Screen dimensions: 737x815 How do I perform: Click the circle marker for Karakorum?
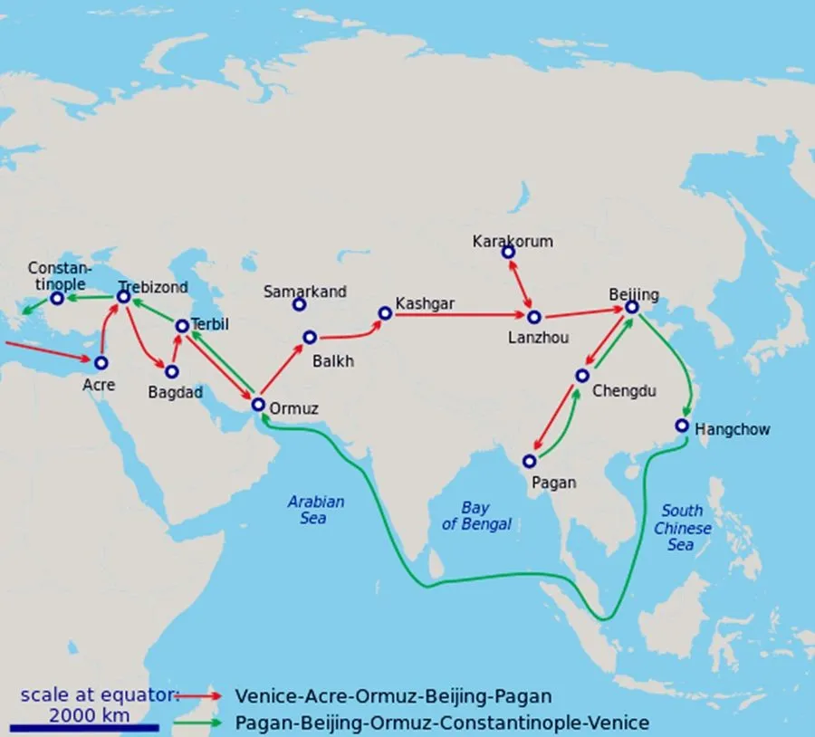coord(509,251)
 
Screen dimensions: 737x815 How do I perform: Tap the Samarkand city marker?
coord(299,304)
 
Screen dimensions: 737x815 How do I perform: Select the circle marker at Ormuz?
coord(258,405)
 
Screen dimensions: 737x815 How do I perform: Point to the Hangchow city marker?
coord(683,426)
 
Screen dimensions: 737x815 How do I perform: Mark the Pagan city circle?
coord(530,461)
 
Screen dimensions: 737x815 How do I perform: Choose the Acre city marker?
coord(101,362)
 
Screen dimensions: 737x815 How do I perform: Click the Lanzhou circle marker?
coord(533,317)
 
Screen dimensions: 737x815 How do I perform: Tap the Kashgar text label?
coord(425,304)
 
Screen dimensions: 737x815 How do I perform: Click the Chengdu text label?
coord(623,391)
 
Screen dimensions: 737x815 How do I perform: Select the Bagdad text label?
coord(176,393)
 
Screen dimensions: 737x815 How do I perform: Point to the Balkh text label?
coord(332,360)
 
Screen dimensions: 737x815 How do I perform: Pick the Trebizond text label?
coord(153,287)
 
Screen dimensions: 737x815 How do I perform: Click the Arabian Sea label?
coord(316,510)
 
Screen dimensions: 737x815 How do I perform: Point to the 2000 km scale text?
coord(89,714)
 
